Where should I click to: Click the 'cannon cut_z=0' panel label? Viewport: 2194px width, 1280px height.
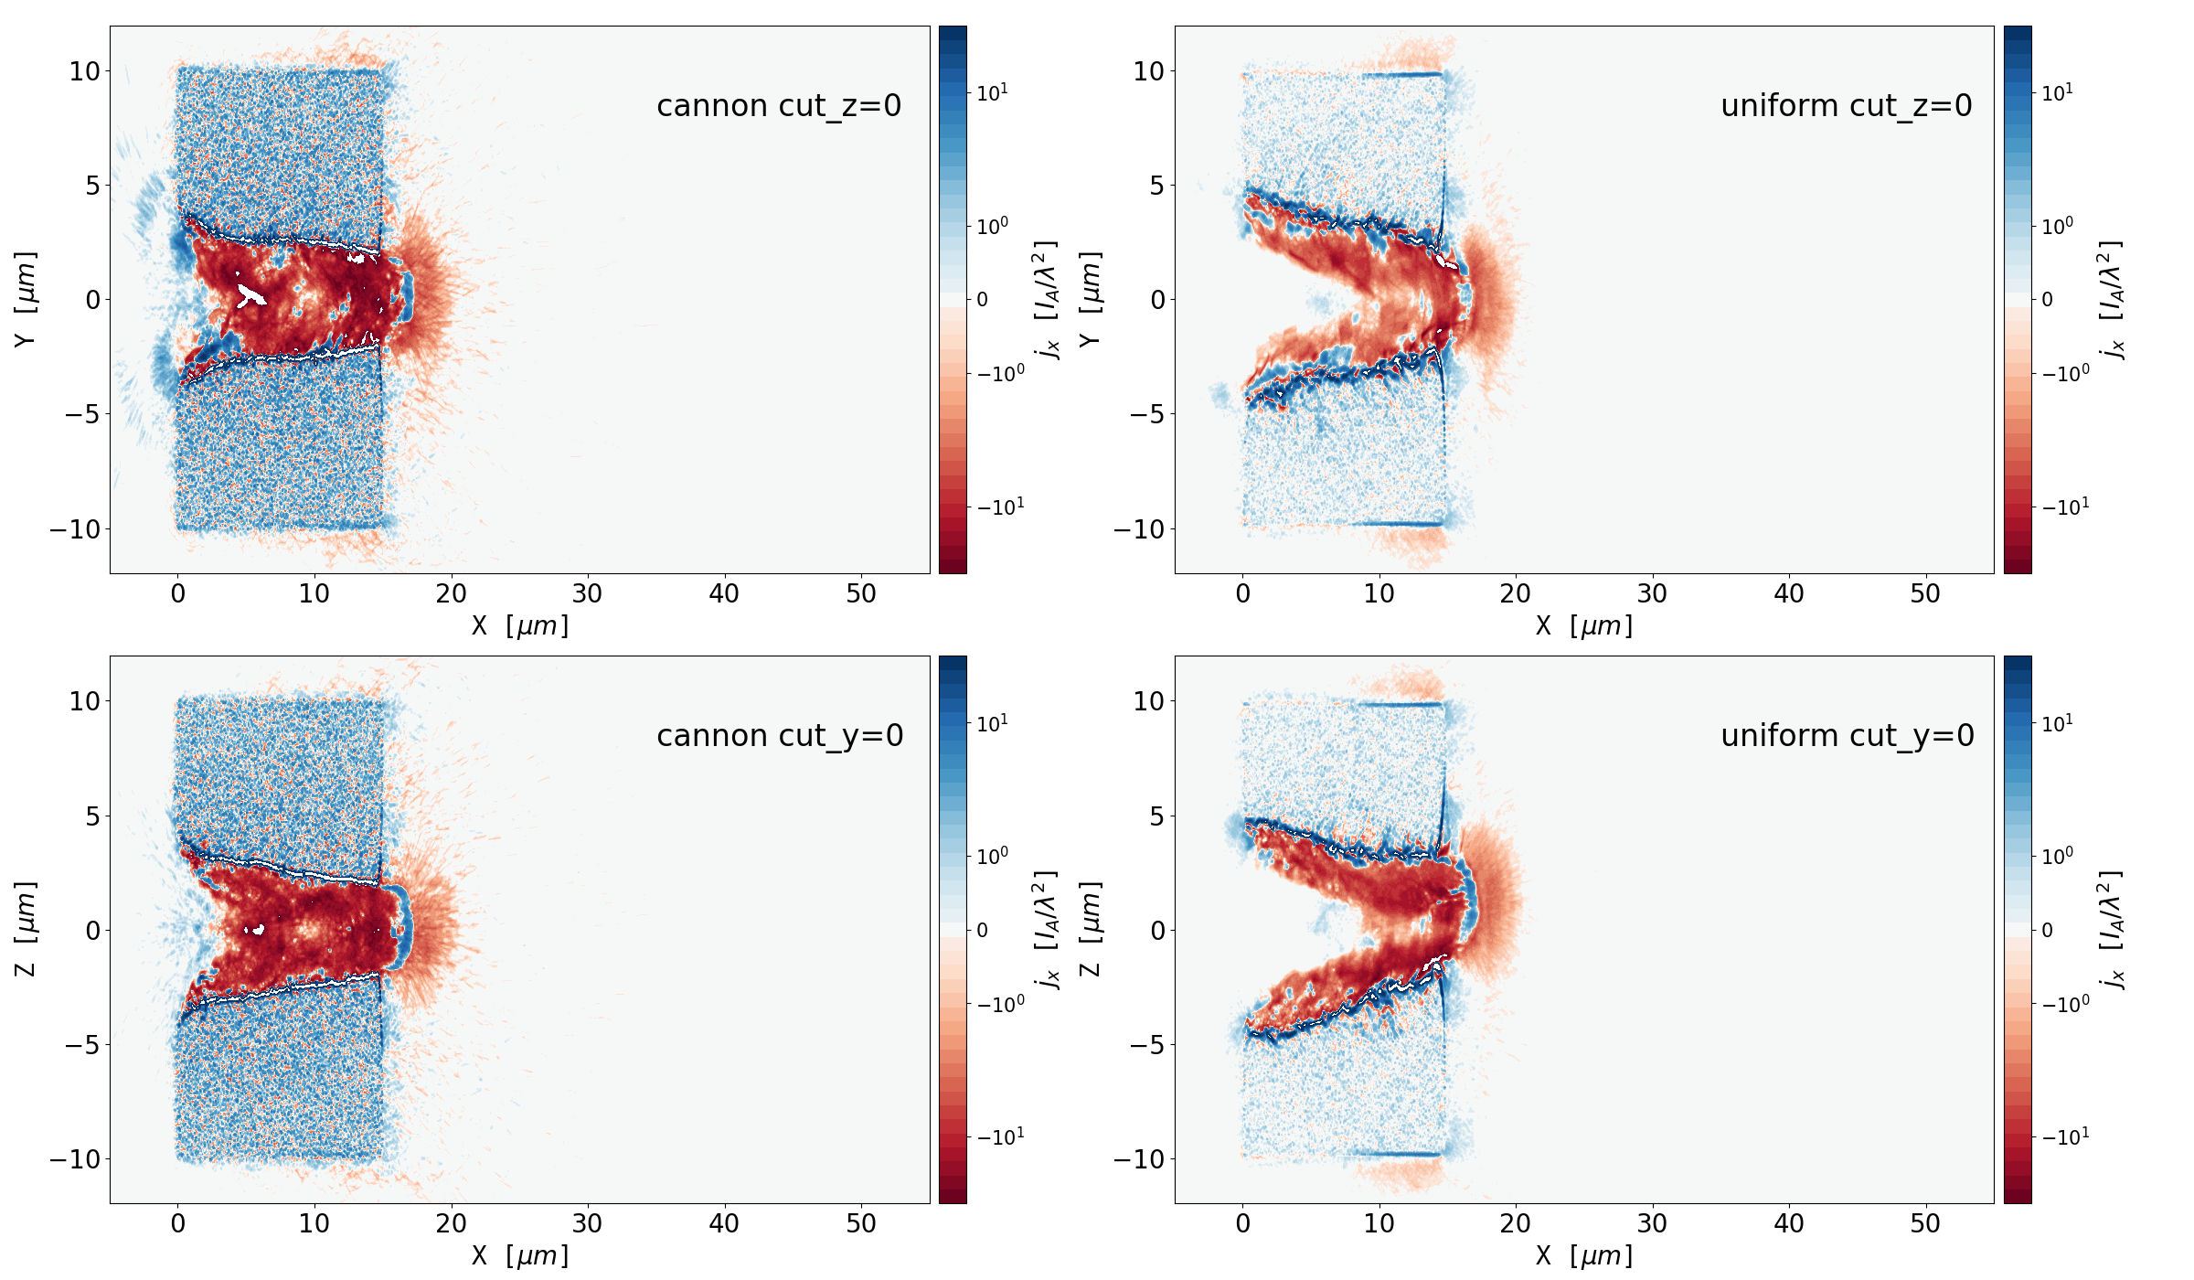coord(779,106)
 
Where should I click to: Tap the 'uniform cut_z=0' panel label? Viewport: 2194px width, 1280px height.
coord(1846,106)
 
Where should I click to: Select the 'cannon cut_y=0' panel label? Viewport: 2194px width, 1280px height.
coord(780,736)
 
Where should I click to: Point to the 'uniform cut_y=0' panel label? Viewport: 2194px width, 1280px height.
coord(1847,736)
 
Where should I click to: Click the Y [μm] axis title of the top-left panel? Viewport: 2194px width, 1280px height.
coord(26,299)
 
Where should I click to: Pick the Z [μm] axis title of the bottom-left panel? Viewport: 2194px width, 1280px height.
coord(26,929)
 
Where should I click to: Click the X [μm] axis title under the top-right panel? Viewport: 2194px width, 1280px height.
coord(1583,626)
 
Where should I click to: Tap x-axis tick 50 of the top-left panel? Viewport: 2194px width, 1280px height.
coord(860,594)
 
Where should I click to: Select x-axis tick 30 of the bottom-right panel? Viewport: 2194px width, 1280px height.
coord(1652,1224)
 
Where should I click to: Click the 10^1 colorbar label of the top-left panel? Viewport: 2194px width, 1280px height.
coord(992,92)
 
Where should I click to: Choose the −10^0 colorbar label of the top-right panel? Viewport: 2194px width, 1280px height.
coord(2064,373)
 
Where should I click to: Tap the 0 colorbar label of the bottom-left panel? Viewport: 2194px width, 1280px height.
coord(983,930)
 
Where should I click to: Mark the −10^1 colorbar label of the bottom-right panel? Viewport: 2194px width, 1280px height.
coord(2064,1136)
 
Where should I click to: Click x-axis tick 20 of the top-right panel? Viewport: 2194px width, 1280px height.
coord(1515,594)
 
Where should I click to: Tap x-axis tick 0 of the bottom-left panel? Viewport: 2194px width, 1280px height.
coord(177,1224)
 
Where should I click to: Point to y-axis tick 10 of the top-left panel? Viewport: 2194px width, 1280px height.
coord(84,70)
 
